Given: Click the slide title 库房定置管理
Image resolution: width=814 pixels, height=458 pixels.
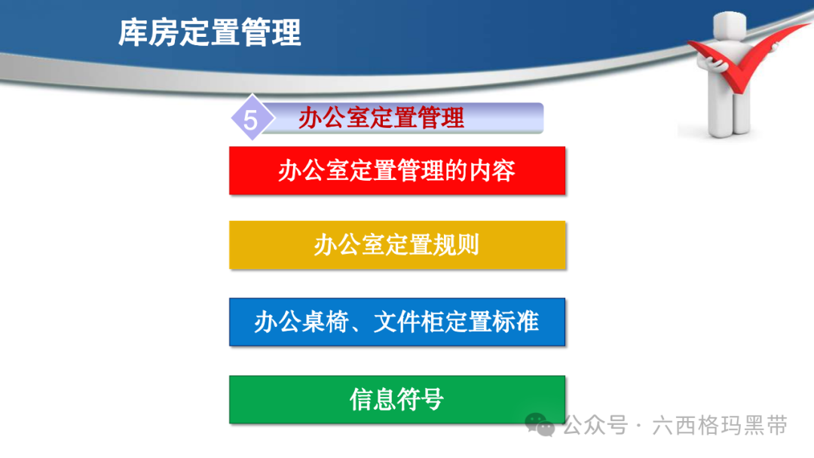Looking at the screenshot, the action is pos(210,32).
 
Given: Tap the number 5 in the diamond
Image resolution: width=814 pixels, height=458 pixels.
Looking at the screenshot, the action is pos(250,121).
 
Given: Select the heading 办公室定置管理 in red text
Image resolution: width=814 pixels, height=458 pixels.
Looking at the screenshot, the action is pos(381,118).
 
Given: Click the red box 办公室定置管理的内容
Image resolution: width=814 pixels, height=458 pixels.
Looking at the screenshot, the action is pos(397,171).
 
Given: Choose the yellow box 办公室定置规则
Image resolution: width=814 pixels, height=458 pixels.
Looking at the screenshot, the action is pos(397,245).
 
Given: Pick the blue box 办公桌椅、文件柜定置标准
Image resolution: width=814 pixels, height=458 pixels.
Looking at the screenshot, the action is pos(397,322).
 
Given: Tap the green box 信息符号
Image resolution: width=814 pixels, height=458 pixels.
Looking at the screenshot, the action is pos(397,399).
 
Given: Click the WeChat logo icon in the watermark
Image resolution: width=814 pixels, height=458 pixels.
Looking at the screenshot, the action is pos(540,425).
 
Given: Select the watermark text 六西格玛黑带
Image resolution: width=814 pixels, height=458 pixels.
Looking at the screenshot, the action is pos(720,426).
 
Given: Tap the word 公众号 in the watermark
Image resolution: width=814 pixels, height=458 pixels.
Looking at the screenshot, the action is pos(596,426).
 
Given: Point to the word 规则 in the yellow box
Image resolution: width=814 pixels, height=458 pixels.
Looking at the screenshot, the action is pos(456,245).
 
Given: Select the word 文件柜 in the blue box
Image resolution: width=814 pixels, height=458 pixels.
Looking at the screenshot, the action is pos(409,322).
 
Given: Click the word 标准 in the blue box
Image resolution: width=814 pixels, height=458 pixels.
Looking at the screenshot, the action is pos(516,322).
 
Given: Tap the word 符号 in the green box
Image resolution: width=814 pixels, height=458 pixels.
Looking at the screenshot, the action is pos(421,399).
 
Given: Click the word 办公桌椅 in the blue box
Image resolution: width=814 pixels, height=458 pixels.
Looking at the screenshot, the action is pos(301,322).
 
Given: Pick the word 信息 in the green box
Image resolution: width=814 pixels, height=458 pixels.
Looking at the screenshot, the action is pos(373,399).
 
